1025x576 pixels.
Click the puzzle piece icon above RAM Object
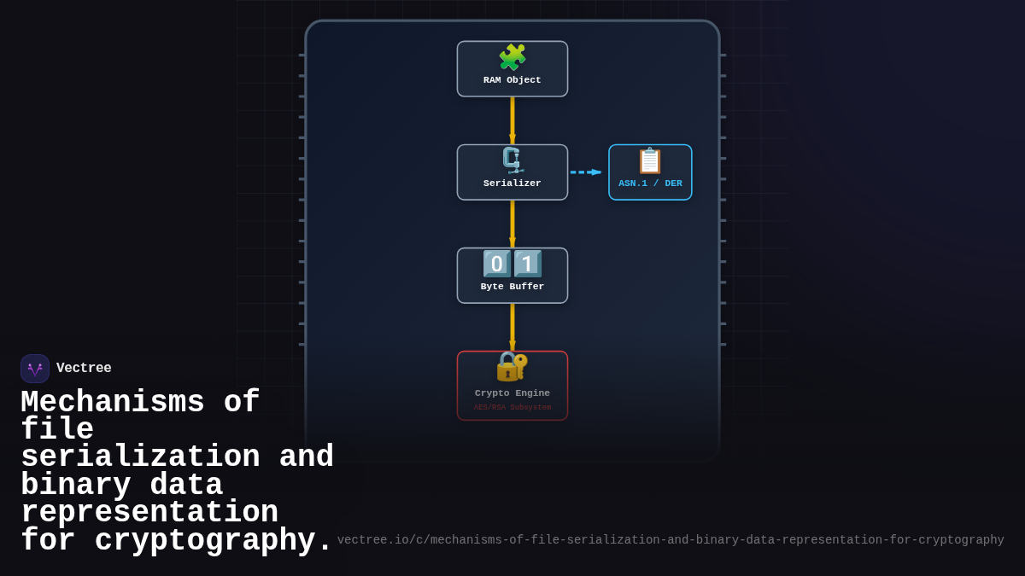[x=512, y=58]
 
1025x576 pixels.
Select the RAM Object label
[x=512, y=80]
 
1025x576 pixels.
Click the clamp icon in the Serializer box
[x=512, y=160]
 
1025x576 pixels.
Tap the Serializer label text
[x=512, y=183]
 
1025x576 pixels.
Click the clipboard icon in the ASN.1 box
[x=650, y=160]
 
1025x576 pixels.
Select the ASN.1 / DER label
[x=650, y=183]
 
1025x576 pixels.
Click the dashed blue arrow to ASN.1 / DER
[x=586, y=172]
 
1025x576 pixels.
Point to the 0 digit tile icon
[x=497, y=264]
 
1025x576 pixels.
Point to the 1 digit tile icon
[x=528, y=264]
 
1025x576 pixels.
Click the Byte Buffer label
[x=512, y=287]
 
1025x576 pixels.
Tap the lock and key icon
[x=512, y=366]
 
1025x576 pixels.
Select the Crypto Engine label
[x=512, y=393]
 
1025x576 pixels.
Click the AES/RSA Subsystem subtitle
[x=512, y=408]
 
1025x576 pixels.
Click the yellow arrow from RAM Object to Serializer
[x=512, y=119]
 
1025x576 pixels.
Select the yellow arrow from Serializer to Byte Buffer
[x=512, y=224]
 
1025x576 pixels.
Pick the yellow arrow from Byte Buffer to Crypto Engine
[x=512, y=327]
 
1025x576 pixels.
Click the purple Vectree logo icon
[x=35, y=369]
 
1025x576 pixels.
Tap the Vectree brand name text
[x=84, y=369]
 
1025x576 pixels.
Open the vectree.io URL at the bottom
[x=671, y=540]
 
